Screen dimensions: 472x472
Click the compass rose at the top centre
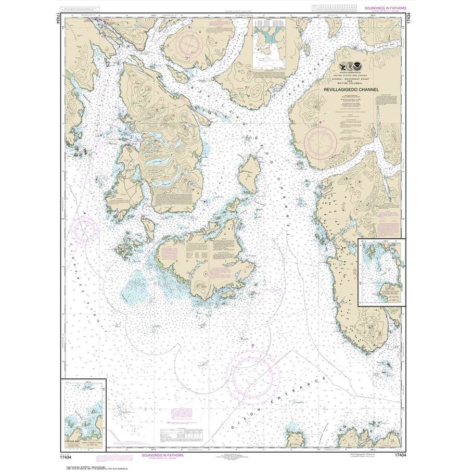[x=193, y=44]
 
